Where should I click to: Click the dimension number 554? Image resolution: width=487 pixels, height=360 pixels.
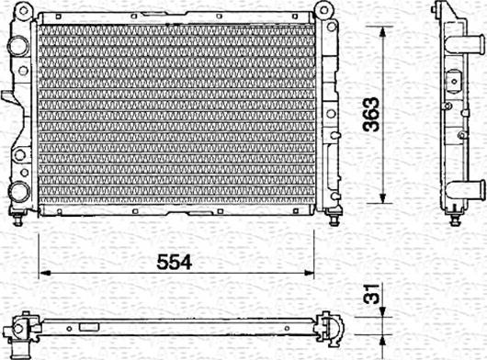point(173,262)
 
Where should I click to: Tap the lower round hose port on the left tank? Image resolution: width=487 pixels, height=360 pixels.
point(18,192)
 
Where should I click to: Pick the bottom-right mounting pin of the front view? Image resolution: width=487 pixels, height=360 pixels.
point(332,219)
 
